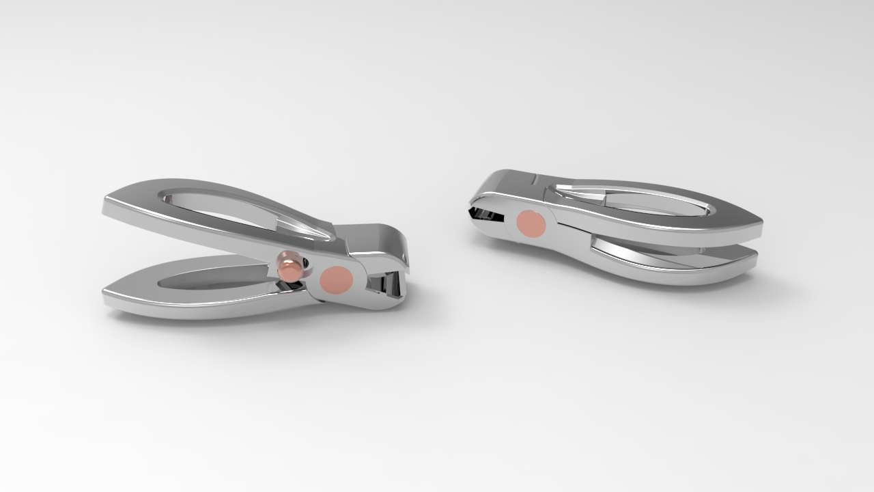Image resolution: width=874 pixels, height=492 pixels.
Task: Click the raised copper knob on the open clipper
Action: tap(290, 265)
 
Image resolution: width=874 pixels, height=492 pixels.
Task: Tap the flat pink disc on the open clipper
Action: tap(337, 279)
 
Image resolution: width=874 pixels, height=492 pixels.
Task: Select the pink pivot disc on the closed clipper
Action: tap(531, 223)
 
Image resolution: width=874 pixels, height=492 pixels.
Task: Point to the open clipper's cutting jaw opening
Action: tap(386, 283)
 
